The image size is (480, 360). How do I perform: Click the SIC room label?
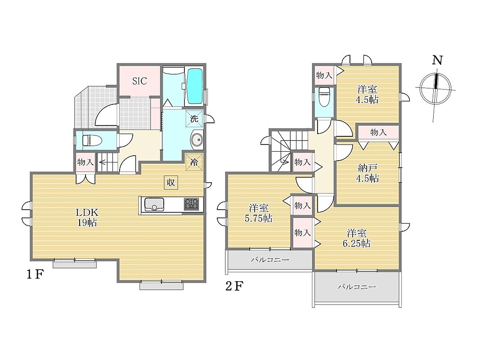coord(139,81)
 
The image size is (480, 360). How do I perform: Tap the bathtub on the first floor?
coord(194,86)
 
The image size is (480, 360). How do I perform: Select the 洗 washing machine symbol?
coord(194,118)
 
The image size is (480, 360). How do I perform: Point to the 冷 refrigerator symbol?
coord(194,162)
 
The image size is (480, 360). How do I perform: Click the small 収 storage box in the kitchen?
coord(171,182)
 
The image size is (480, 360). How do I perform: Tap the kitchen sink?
coord(154,204)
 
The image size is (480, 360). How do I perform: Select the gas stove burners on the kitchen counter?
coord(191,204)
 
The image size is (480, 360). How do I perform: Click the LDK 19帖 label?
coord(87,217)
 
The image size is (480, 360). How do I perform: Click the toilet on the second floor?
coord(324,97)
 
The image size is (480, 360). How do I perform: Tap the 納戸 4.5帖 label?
coord(368,173)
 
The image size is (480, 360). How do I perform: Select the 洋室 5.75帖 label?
coord(259,213)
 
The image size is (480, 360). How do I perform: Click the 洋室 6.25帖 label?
coord(357,238)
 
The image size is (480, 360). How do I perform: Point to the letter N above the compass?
coord(437,60)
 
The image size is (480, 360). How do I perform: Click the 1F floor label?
coord(34,274)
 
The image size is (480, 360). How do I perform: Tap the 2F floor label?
coord(234,286)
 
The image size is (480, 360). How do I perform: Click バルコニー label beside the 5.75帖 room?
coord(270,260)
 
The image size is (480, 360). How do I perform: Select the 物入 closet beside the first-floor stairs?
coord(85,162)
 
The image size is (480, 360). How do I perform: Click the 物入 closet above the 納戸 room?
coord(379,132)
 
